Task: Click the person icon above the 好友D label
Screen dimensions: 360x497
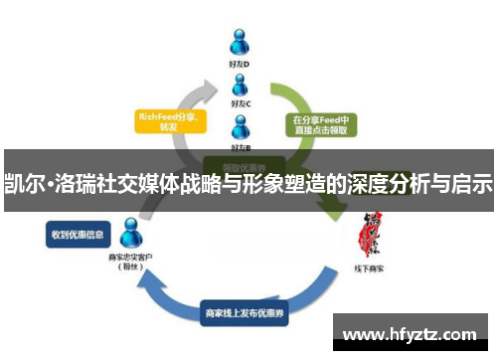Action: pos(240,42)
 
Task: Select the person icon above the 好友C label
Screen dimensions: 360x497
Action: pos(240,84)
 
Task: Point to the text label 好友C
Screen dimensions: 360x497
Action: pos(240,102)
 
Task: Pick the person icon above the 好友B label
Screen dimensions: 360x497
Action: pos(240,125)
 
